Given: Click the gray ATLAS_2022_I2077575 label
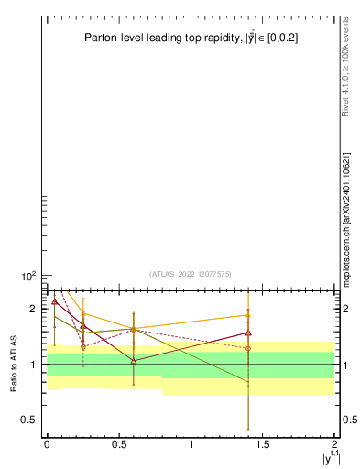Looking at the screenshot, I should click(190, 274).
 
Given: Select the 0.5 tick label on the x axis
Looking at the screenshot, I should click(119, 444).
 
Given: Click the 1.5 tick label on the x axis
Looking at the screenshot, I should click(264, 444).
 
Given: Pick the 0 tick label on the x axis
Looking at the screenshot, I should click(47, 444).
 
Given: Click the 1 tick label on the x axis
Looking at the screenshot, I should click(191, 444).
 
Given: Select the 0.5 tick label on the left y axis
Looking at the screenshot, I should click(31, 420).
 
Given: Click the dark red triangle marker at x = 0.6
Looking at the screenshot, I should click(134, 361).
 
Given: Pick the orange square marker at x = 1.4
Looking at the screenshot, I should click(248, 315).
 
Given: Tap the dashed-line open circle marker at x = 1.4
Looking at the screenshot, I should click(248, 348).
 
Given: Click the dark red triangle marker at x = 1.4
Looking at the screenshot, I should click(248, 333).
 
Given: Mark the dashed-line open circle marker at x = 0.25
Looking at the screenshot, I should click(83, 346).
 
